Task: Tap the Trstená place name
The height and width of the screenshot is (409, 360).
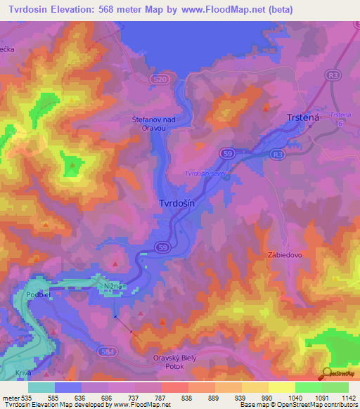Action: [x=303, y=119]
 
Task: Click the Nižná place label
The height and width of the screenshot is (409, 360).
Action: [x=115, y=286]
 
